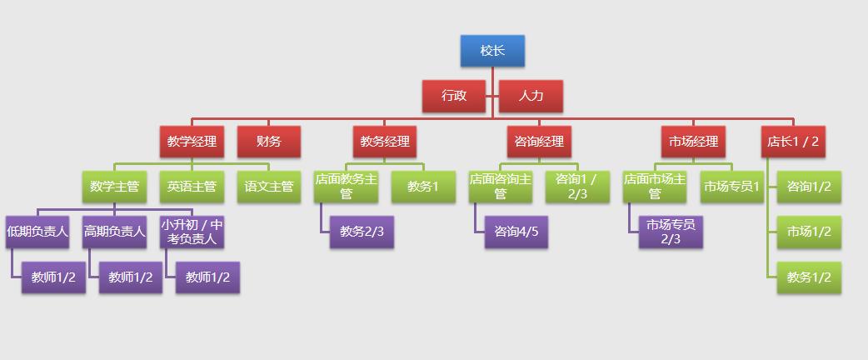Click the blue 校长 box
[x=492, y=51]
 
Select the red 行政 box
[x=454, y=96]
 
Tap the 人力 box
[x=531, y=96]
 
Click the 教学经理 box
[x=192, y=142]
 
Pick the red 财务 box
[x=269, y=142]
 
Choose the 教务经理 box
[x=385, y=142]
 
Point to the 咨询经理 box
[x=540, y=142]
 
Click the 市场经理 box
[x=693, y=142]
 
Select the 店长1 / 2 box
[x=793, y=142]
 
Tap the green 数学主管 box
[x=114, y=187]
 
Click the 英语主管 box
[x=192, y=187]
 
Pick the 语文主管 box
[x=269, y=187]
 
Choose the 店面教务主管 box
[x=347, y=187]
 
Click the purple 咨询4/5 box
[x=517, y=232]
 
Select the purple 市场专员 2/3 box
[x=671, y=232]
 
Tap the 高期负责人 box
[x=114, y=232]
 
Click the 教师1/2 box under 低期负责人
[x=53, y=277]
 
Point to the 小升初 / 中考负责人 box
[x=192, y=232]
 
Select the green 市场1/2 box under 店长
[x=809, y=232]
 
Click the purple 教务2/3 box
[x=362, y=232]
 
